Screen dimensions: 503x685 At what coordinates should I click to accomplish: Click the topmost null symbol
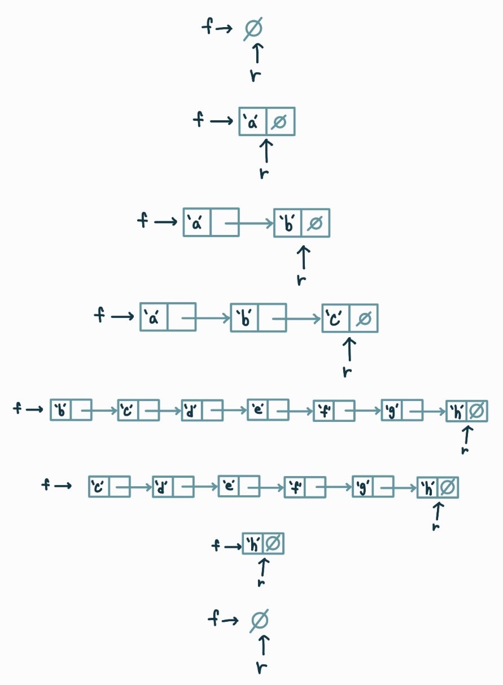click(253, 29)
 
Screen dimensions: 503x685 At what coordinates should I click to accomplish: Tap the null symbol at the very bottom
click(259, 621)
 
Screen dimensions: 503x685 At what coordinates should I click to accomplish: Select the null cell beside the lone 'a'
click(281, 121)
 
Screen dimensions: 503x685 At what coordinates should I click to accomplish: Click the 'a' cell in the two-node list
click(197, 222)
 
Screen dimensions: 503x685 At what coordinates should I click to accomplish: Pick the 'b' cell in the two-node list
click(288, 223)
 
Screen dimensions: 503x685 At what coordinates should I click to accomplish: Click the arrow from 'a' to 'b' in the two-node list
click(249, 223)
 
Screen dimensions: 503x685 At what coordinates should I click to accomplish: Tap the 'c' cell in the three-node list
click(335, 318)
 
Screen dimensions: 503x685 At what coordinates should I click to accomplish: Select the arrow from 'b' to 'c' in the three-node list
click(296, 318)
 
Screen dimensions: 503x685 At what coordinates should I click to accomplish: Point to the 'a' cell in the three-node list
click(154, 318)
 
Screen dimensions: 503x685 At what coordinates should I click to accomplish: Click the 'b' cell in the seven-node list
click(60, 410)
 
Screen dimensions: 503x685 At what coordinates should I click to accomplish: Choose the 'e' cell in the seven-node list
click(258, 410)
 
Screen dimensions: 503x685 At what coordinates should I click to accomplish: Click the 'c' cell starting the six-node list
click(99, 486)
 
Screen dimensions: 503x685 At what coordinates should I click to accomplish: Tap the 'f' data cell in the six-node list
click(295, 487)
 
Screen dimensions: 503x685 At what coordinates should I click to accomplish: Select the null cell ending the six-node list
click(448, 487)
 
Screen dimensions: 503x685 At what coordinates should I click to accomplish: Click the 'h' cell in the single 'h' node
click(252, 544)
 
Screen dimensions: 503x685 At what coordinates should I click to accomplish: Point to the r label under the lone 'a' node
click(264, 172)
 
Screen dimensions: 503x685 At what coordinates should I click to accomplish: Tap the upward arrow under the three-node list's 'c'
click(349, 349)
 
